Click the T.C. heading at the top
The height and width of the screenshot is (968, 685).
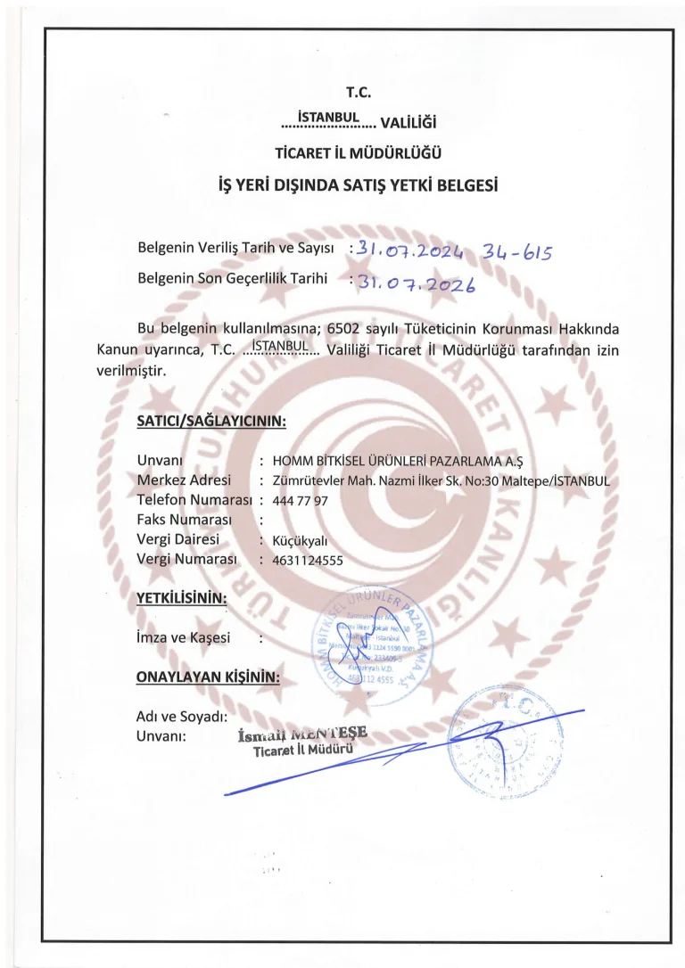(357, 92)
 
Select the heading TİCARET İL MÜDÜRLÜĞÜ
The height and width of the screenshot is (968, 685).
(357, 152)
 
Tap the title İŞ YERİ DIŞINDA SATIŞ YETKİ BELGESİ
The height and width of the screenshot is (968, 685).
(357, 186)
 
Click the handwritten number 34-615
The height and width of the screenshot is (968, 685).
(517, 250)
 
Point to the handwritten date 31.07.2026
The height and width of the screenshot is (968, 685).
(416, 283)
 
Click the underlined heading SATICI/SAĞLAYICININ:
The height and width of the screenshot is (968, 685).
(210, 420)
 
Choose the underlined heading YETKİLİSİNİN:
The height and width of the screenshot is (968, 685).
(181, 597)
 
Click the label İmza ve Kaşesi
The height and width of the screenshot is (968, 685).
(184, 638)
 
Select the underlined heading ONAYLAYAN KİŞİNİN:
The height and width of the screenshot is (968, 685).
(208, 677)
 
